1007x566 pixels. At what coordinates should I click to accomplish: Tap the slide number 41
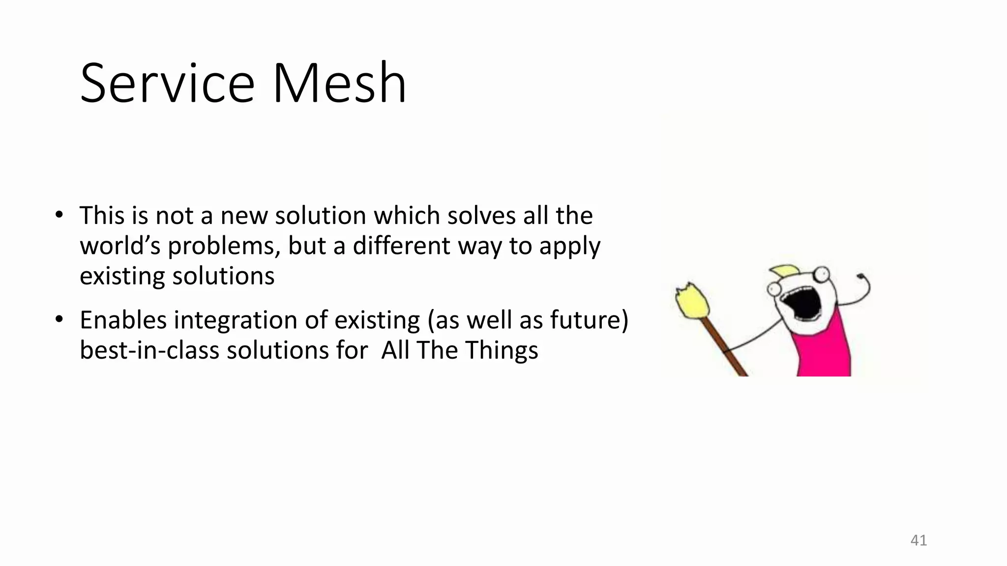tap(918, 540)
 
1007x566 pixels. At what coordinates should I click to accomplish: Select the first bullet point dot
tap(59, 215)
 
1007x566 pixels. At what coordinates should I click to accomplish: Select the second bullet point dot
tap(59, 319)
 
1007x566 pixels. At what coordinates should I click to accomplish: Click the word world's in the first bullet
tap(120, 246)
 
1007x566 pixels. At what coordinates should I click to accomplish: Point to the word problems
tap(224, 246)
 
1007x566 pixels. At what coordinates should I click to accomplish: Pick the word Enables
tap(123, 320)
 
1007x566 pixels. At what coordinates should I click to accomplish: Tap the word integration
tap(236, 320)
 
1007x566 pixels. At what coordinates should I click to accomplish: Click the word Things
tap(502, 350)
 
